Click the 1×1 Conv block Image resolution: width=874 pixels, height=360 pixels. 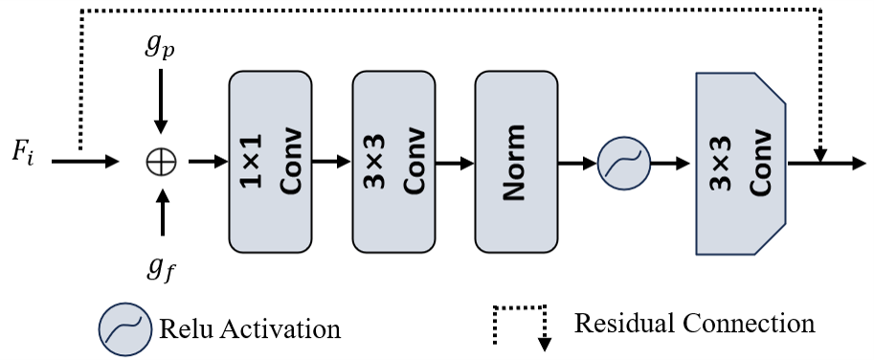tap(270, 160)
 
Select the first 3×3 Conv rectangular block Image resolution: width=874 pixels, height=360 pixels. tap(393, 160)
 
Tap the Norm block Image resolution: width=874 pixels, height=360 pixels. tap(516, 160)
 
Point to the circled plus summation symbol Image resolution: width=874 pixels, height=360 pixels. tap(161, 162)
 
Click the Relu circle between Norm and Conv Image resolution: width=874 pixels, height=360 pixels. tap(623, 162)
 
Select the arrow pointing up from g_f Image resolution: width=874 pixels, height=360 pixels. tap(161, 213)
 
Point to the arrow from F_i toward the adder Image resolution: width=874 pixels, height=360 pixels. tap(86, 162)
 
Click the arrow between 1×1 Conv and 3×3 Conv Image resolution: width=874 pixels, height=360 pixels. tap(331, 162)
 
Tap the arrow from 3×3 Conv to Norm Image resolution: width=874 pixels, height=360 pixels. tap(454, 162)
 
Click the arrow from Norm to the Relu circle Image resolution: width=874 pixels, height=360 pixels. tap(576, 162)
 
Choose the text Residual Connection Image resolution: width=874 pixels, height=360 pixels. tap(695, 323)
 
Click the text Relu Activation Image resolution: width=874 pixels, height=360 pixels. tap(250, 329)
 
